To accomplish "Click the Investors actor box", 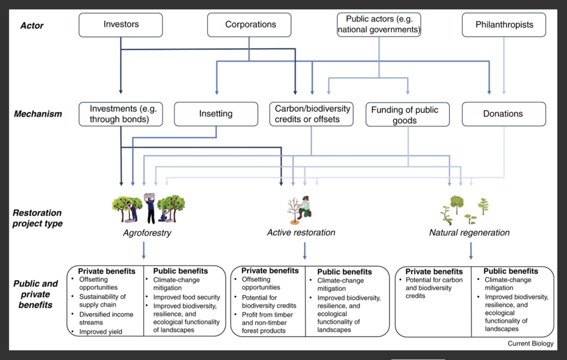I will click(121, 25).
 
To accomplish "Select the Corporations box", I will click(251, 25).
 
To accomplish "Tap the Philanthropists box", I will click(503, 25).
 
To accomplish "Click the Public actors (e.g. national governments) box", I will click(379, 24).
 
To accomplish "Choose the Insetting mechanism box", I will click(215, 114).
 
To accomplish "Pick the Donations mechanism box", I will click(503, 114).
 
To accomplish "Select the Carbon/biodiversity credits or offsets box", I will click(312, 114).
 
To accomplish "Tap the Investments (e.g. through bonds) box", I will click(121, 114).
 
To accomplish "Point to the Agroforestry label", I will click(147, 232).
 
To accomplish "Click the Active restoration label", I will click(301, 232).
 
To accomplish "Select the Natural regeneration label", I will click(469, 232).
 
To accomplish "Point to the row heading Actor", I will click(32, 26).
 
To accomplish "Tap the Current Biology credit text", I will click(530, 344).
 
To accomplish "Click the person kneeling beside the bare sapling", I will click(305, 207).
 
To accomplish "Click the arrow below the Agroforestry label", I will click(143, 250).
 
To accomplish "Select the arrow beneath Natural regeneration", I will click(471, 250).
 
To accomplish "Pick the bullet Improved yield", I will click(101, 332).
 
